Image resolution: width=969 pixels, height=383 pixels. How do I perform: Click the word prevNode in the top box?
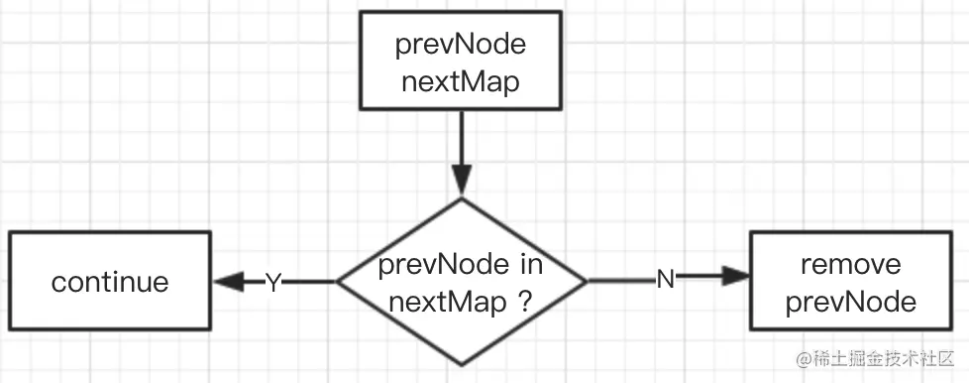click(x=462, y=47)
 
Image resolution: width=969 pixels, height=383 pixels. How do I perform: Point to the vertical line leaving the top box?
click(x=462, y=139)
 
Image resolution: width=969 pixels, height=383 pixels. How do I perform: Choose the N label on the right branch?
click(x=666, y=281)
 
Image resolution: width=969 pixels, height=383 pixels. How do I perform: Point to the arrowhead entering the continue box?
click(x=227, y=282)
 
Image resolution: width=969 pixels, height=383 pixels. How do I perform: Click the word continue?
click(x=110, y=282)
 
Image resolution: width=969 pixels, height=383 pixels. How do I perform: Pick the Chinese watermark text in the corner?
click(x=884, y=356)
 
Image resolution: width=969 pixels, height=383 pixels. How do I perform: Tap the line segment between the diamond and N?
click(x=619, y=281)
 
